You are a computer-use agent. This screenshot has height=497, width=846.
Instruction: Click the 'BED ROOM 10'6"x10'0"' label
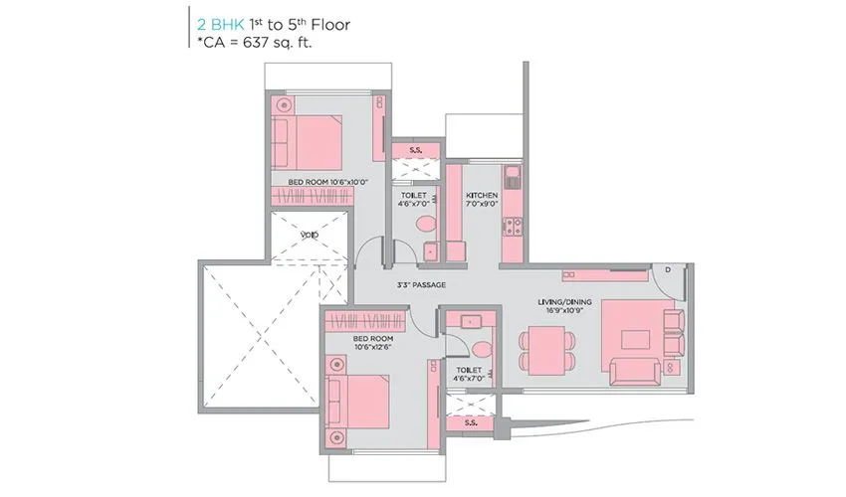coord(327,182)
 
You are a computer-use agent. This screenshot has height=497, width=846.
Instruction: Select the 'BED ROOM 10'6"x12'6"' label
coord(373,343)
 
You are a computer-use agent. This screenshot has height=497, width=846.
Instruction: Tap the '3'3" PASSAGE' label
coord(421,285)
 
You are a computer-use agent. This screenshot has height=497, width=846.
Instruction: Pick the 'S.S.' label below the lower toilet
coord(470,422)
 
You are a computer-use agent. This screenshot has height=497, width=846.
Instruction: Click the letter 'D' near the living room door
coord(668,270)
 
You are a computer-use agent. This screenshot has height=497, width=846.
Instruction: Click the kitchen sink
coord(513,180)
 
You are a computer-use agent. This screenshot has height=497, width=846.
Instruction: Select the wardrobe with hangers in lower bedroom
coord(364,321)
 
